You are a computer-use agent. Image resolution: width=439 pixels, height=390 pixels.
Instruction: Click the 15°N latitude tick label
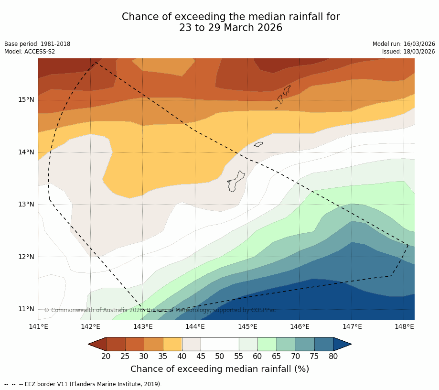(26, 100)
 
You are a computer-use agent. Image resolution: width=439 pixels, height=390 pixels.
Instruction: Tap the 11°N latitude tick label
(26, 309)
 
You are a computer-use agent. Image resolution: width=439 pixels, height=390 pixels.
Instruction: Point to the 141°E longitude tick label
(38, 327)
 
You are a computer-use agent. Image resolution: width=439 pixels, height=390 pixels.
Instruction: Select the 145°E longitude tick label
(247, 327)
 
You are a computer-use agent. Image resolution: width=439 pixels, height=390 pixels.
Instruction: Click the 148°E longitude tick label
(404, 327)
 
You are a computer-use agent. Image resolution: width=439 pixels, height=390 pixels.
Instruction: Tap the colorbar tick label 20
(106, 356)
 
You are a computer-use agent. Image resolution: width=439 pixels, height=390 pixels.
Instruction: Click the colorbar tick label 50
(220, 356)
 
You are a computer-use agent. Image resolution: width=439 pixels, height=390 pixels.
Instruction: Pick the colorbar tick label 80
(333, 356)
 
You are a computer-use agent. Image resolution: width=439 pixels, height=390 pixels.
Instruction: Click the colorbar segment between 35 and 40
(172, 344)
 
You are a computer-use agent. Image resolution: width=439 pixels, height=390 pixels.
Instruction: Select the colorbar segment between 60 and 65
(267, 344)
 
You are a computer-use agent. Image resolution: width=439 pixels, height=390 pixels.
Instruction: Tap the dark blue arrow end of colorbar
(342, 344)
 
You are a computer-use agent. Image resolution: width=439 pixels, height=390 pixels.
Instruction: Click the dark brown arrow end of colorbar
(97, 344)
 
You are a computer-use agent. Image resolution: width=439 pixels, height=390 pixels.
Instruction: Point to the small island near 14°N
(258, 144)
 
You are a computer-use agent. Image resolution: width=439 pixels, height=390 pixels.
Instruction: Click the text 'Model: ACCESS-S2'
(30, 52)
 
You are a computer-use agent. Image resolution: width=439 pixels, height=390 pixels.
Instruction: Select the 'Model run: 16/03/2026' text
(404, 44)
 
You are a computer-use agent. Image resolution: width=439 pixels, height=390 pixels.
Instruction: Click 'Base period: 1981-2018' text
(37, 44)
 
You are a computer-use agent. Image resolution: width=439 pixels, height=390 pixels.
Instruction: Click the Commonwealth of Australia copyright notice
(160, 310)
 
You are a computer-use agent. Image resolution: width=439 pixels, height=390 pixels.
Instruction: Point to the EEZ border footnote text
(83, 384)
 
